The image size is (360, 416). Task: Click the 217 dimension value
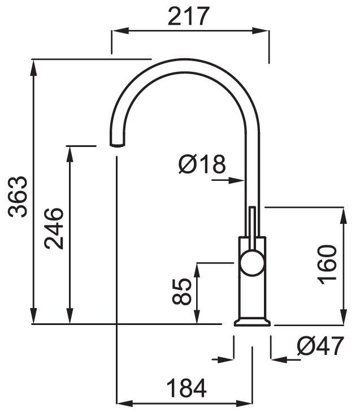point(189,16)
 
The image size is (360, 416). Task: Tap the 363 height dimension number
point(18,197)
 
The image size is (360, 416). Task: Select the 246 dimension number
point(54,229)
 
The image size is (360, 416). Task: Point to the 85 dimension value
point(182,291)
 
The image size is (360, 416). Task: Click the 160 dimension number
point(327,265)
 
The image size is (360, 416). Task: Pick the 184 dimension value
point(186,388)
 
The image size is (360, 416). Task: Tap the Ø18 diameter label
point(202,164)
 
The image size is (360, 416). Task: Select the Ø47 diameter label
point(320,346)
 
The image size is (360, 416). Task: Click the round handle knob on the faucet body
point(252,263)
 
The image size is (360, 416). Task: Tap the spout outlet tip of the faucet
point(117,144)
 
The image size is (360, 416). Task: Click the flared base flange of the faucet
point(252,322)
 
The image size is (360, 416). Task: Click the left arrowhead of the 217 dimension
point(120,31)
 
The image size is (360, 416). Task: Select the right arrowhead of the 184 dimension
point(244,404)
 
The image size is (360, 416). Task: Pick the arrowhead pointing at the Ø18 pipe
point(237,180)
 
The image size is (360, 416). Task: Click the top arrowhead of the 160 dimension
point(344,216)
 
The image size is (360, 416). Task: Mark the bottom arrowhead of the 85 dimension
point(197,315)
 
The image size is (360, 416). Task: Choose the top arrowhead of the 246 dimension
point(70,154)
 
